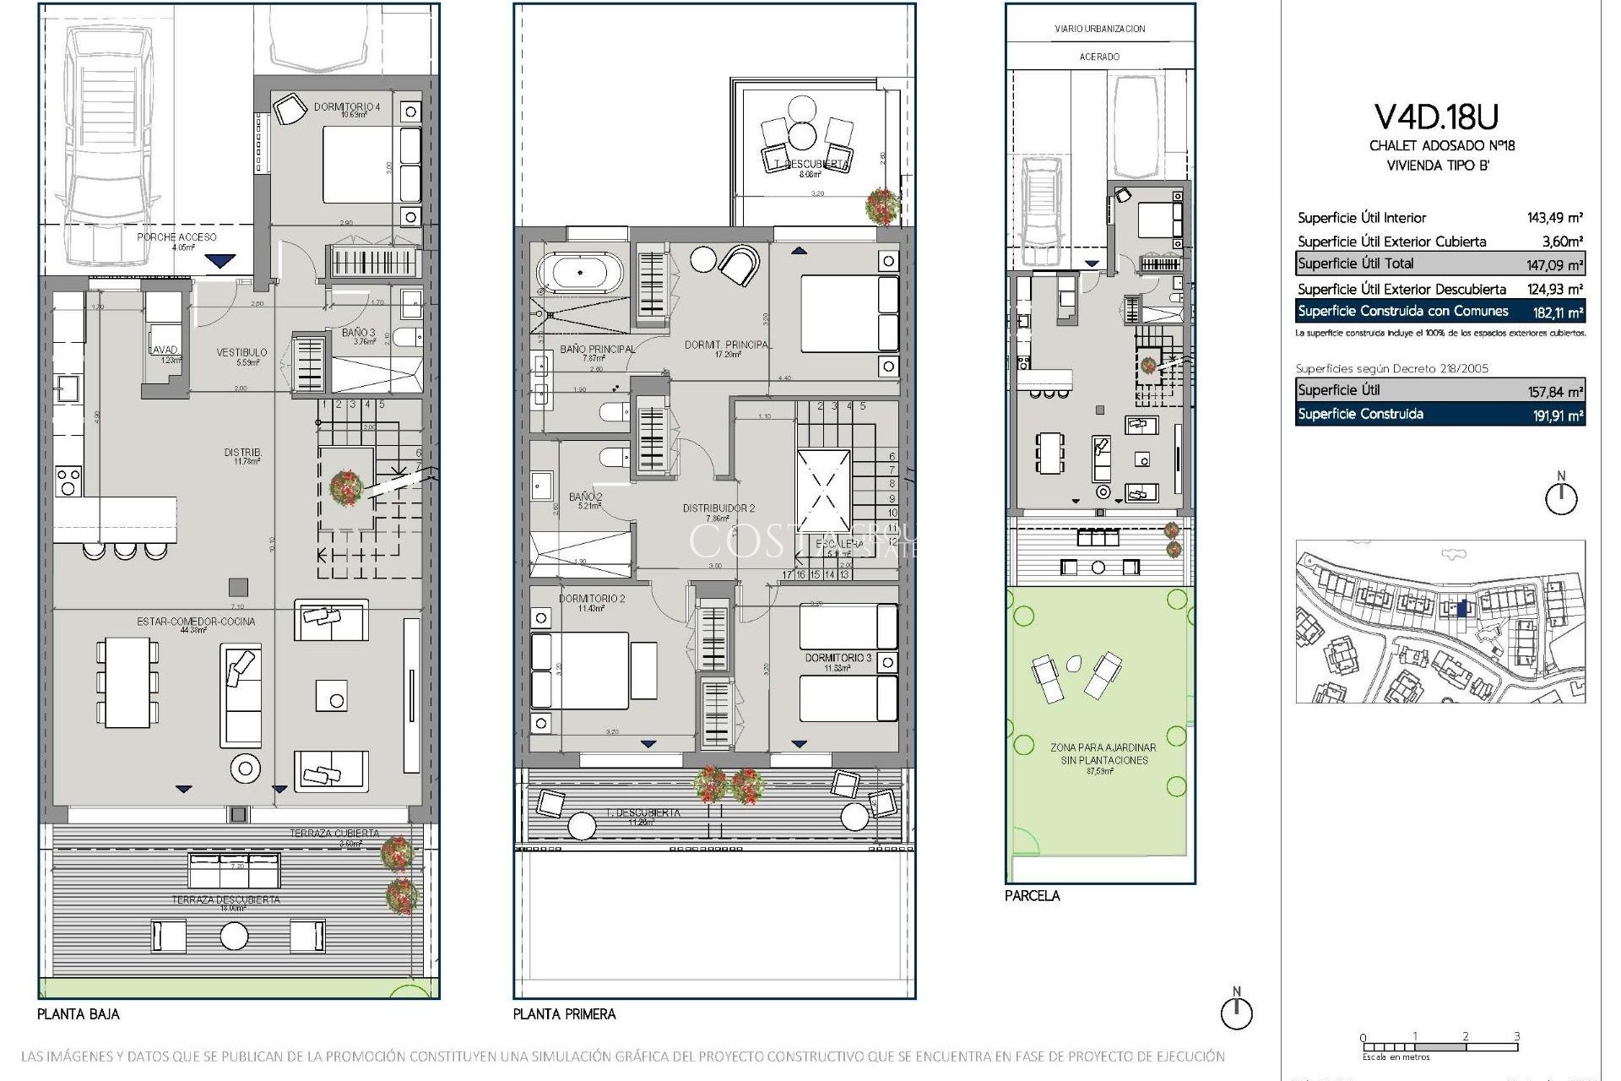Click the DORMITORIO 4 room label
tap(346, 107)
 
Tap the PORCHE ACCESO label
tap(176, 237)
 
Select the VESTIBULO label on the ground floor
tap(241, 352)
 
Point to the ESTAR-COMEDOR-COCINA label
tap(196, 622)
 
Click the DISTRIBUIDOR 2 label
tap(718, 508)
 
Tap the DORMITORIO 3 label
tap(838, 657)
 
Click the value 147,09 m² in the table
tap(1553, 264)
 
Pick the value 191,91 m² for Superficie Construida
tap(1553, 415)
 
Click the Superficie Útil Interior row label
tap(1361, 218)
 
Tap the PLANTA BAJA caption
tap(78, 1014)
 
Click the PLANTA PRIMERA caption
tap(564, 1014)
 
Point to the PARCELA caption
tap(1032, 896)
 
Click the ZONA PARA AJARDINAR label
tap(1103, 747)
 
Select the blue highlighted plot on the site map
tap(1463, 607)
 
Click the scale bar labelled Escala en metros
tap(1439, 1047)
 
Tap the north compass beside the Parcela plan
tap(1561, 497)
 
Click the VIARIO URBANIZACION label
tap(1099, 29)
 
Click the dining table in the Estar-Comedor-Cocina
tap(127, 682)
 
